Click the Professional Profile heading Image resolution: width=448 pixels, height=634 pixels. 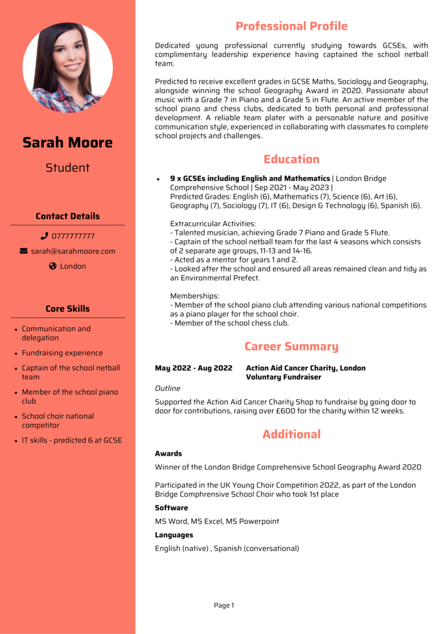(291, 26)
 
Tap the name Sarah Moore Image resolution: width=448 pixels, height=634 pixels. (67, 142)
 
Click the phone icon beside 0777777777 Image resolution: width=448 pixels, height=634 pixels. (44, 236)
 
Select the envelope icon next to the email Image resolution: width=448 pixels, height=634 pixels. (24, 251)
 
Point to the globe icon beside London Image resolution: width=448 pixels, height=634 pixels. (53, 267)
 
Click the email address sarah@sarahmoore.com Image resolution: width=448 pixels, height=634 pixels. (73, 251)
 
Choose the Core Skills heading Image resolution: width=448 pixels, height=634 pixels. (67, 309)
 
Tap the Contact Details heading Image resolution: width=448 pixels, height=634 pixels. (67, 216)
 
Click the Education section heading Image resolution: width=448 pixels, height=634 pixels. (291, 159)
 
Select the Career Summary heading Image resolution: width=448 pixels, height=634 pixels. (291, 347)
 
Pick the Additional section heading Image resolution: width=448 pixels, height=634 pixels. (291, 434)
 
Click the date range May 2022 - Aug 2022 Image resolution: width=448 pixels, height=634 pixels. (194, 368)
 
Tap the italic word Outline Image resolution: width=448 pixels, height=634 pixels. (167, 388)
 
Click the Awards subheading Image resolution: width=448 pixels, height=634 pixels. (168, 454)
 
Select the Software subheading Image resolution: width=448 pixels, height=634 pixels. (171, 508)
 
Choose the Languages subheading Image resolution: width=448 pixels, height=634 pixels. (174, 535)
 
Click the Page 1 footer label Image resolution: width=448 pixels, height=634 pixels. (224, 605)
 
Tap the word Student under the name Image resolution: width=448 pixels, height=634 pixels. (67, 168)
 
